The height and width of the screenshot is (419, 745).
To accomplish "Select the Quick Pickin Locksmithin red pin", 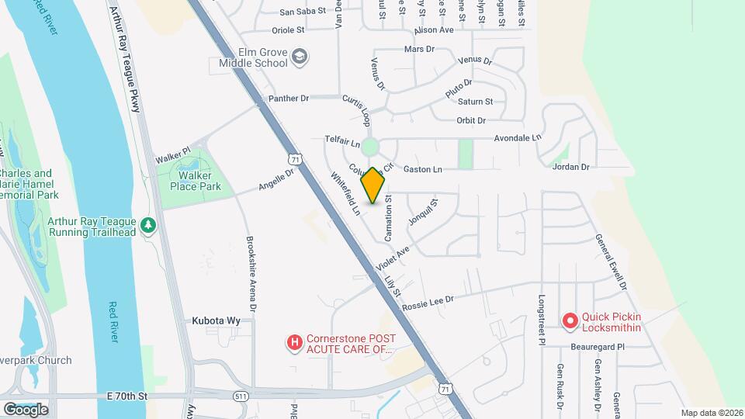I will point(570,320).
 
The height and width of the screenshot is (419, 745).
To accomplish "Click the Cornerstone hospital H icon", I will point(294,341).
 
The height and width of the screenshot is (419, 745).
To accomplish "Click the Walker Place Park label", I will point(196,181).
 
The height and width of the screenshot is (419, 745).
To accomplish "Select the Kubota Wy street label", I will point(214,320).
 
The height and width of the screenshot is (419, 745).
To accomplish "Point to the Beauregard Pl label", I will point(598,347).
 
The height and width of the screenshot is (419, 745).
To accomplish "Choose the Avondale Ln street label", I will point(518,138).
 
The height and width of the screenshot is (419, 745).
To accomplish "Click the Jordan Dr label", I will point(570,167).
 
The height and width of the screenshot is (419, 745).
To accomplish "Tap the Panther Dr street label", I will point(288,99).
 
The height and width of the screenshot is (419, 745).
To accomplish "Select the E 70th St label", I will point(127,396).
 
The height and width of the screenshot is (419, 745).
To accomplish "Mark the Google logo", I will point(26,409).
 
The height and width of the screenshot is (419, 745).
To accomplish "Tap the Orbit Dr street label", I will point(470,120).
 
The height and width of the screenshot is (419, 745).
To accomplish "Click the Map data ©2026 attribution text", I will point(712,413).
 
